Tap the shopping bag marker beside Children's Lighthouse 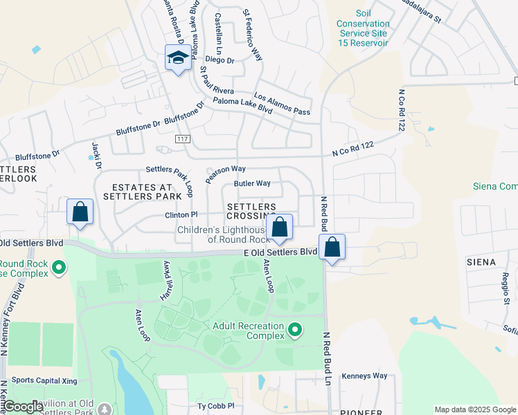pyautogui.click(x=280, y=228)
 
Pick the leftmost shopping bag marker pyautogui.click(x=80, y=212)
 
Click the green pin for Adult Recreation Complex pyautogui.click(x=296, y=329)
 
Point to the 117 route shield pyautogui.click(x=182, y=139)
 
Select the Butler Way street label pyautogui.click(x=252, y=183)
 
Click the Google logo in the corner pyautogui.click(x=23, y=407)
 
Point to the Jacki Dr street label pyautogui.click(x=97, y=156)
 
